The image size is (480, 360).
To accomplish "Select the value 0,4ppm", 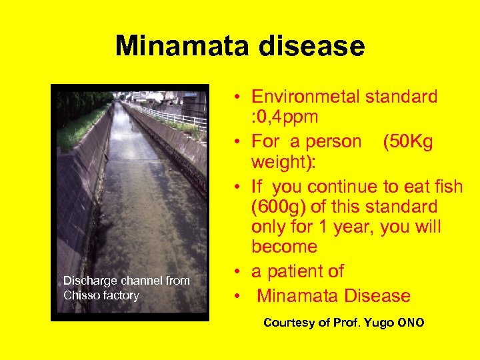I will click(285, 117).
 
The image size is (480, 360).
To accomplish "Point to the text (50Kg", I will click(409, 142).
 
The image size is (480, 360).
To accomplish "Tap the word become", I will click(284, 247).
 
